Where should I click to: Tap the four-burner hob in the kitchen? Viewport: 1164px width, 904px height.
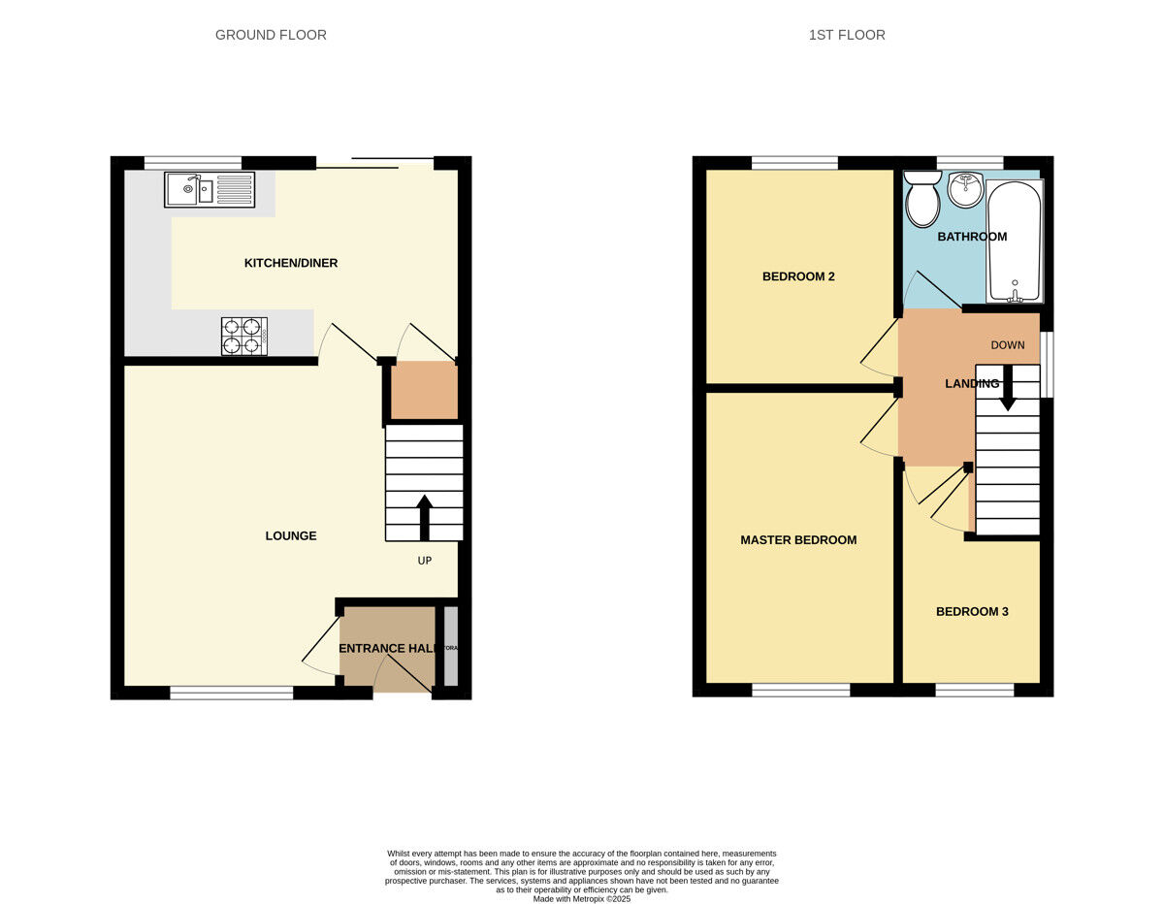pyautogui.click(x=244, y=336)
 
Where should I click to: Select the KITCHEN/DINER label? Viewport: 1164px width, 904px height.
pyautogui.click(x=291, y=263)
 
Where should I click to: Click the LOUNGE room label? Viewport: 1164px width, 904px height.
pyautogui.click(x=291, y=535)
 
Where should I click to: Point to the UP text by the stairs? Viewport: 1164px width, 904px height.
pyautogui.click(x=424, y=561)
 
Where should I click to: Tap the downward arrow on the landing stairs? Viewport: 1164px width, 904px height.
pyautogui.click(x=1008, y=387)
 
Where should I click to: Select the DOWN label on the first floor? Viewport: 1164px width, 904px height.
pyautogui.click(x=1007, y=345)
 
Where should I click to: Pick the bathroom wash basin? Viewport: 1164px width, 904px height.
pyautogui.click(x=965, y=190)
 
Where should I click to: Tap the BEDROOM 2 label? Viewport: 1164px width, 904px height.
pyautogui.click(x=798, y=276)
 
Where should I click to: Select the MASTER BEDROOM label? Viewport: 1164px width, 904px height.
pyautogui.click(x=798, y=540)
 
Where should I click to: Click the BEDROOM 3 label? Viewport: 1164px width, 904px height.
pyautogui.click(x=972, y=612)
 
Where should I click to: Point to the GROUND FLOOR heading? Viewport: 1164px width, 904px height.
pyautogui.click(x=271, y=35)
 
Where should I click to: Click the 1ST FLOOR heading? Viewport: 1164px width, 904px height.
pyautogui.click(x=847, y=35)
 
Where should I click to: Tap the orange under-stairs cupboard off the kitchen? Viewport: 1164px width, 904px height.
pyautogui.click(x=424, y=391)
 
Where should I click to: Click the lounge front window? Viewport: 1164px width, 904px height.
pyautogui.click(x=232, y=693)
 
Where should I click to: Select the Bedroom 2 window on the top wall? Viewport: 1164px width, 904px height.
pyautogui.click(x=794, y=163)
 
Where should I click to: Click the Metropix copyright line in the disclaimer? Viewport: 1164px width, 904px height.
pyautogui.click(x=582, y=899)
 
